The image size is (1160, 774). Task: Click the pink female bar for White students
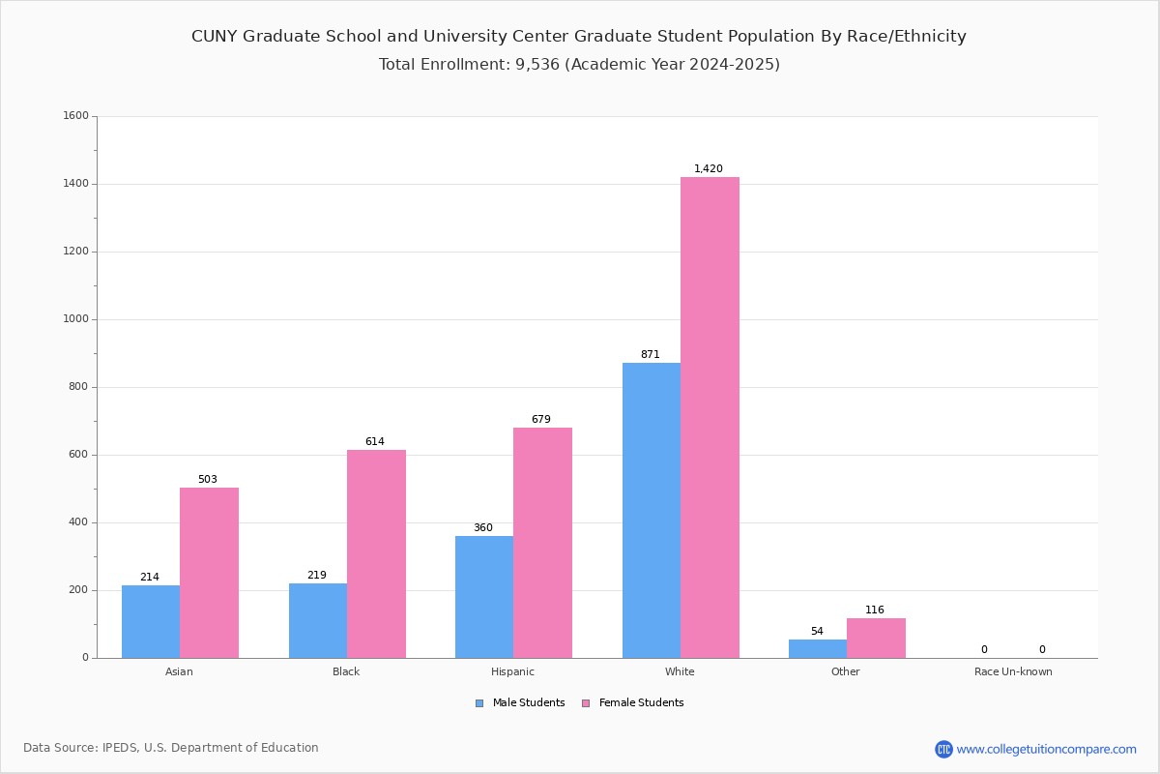click(710, 417)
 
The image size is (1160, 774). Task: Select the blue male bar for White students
click(652, 511)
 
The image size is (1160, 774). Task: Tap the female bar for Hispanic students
click(542, 543)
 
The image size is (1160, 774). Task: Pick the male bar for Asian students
click(151, 621)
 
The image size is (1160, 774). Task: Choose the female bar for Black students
click(376, 554)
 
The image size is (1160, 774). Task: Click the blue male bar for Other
click(818, 649)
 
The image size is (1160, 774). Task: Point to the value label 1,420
click(708, 168)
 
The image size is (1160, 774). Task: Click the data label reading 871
click(650, 354)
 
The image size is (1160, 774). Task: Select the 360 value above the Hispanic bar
click(483, 527)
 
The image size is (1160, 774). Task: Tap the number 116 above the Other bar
click(875, 610)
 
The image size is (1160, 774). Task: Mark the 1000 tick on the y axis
click(75, 319)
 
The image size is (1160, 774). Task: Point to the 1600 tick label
click(75, 115)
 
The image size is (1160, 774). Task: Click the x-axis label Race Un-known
click(1013, 671)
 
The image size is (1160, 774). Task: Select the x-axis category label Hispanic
click(512, 671)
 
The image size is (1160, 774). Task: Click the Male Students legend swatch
click(479, 703)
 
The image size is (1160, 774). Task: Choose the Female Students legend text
click(641, 702)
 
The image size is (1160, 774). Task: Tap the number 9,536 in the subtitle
click(537, 64)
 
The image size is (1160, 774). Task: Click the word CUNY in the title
click(215, 37)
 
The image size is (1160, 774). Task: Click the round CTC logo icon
click(943, 749)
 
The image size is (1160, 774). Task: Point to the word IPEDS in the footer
click(120, 748)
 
